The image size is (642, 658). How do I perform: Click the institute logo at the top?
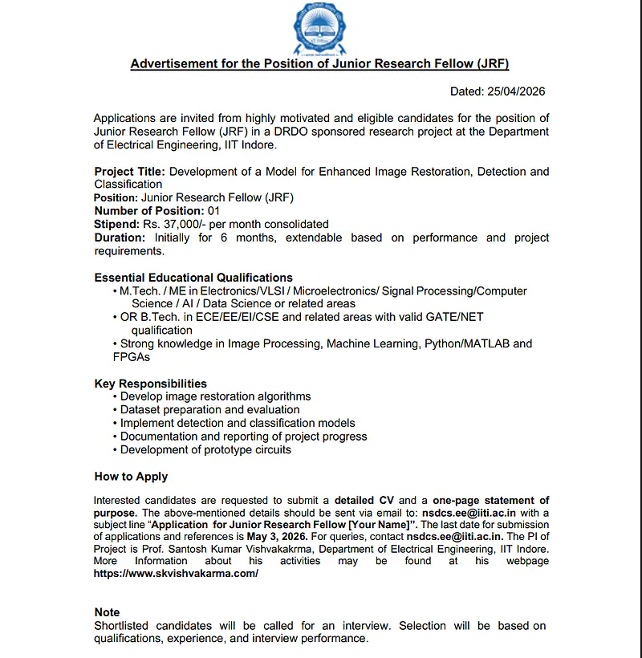point(321,26)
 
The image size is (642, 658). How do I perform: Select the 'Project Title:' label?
point(130,172)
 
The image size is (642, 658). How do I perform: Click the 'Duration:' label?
point(120,238)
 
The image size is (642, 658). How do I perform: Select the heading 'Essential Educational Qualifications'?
point(193,278)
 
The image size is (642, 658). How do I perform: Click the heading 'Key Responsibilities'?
point(151,384)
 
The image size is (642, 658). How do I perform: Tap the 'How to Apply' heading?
point(132,477)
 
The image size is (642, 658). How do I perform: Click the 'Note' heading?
point(108,612)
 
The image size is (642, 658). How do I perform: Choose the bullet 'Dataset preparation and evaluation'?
point(209,410)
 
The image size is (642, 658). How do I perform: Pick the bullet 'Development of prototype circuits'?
point(205,450)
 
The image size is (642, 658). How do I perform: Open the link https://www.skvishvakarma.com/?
point(177,574)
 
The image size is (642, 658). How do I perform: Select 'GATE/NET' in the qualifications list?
point(459,317)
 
